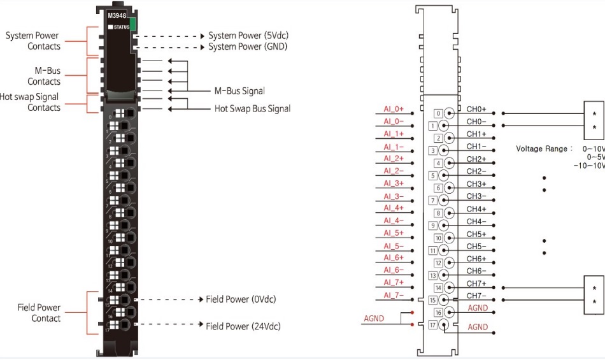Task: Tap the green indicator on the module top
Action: coord(133,25)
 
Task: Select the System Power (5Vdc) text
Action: coord(248,36)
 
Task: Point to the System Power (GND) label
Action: coord(247,47)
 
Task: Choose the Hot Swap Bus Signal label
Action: coord(252,108)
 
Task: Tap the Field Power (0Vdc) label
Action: coord(241,299)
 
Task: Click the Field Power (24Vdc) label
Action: coord(243,326)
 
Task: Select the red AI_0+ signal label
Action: coord(394,109)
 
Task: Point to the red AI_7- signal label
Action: coord(394,295)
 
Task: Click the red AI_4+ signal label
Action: coord(394,208)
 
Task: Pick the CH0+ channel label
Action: coord(476,110)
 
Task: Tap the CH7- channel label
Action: coord(476,296)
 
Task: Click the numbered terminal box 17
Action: coord(433,325)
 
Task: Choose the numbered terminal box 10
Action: coord(438,238)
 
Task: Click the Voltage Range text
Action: coord(541,148)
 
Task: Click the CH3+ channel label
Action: coord(476,184)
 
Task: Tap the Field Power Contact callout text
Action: coord(39,313)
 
